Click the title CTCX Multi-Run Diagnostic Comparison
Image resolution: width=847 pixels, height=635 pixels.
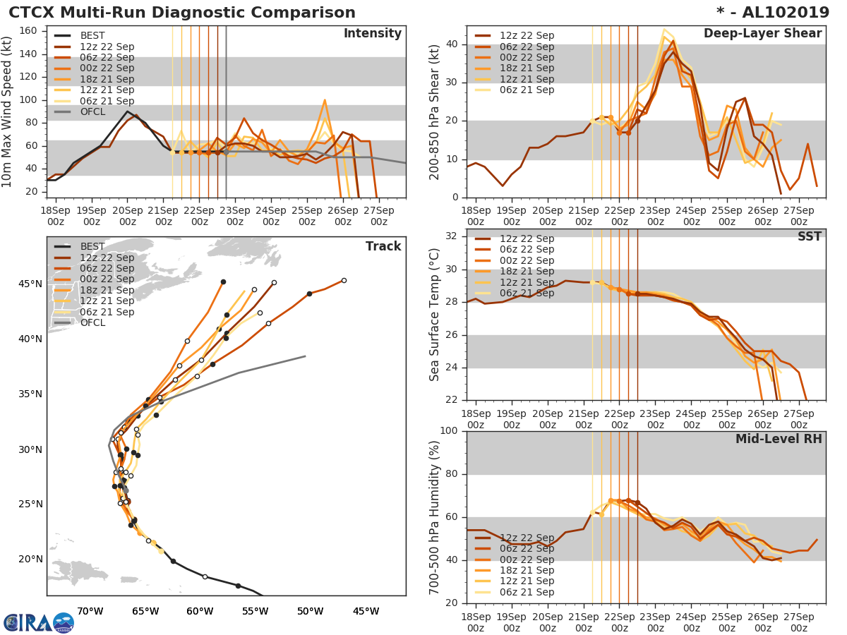point(181,13)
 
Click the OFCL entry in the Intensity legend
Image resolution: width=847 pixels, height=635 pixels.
point(92,111)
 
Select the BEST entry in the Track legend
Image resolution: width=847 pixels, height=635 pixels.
point(92,246)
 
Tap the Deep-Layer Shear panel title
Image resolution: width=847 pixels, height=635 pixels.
point(762,34)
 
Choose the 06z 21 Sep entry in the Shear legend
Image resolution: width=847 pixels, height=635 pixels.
point(527,90)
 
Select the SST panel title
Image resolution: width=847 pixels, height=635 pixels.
point(809,237)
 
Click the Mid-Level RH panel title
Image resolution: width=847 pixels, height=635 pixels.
point(779,440)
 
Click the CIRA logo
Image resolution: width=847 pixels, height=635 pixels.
point(38,622)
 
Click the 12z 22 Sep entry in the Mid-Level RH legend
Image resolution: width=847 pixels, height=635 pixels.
point(527,538)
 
